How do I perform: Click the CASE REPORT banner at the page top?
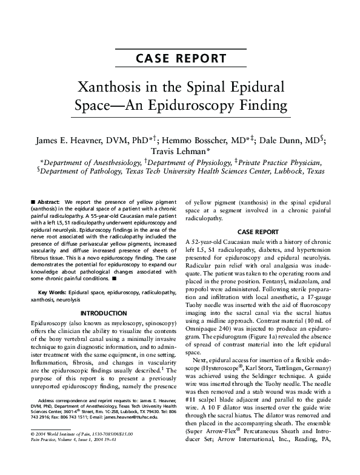180,59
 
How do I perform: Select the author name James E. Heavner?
72,138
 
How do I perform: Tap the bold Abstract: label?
47,201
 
